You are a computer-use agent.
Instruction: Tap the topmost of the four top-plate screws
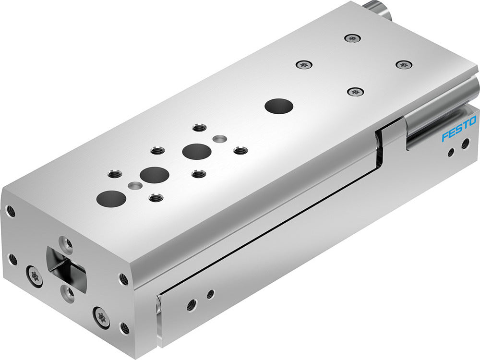click(x=353, y=37)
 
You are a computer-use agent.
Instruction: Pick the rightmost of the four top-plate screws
click(x=404, y=64)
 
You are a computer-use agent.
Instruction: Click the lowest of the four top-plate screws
click(x=354, y=91)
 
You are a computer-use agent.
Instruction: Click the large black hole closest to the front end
click(x=111, y=197)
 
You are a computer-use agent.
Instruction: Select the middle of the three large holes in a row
click(x=154, y=175)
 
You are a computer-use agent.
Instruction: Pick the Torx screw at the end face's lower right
click(x=102, y=317)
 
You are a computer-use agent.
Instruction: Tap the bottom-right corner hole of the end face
click(x=125, y=328)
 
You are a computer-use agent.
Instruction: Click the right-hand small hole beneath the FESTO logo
click(x=465, y=143)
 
